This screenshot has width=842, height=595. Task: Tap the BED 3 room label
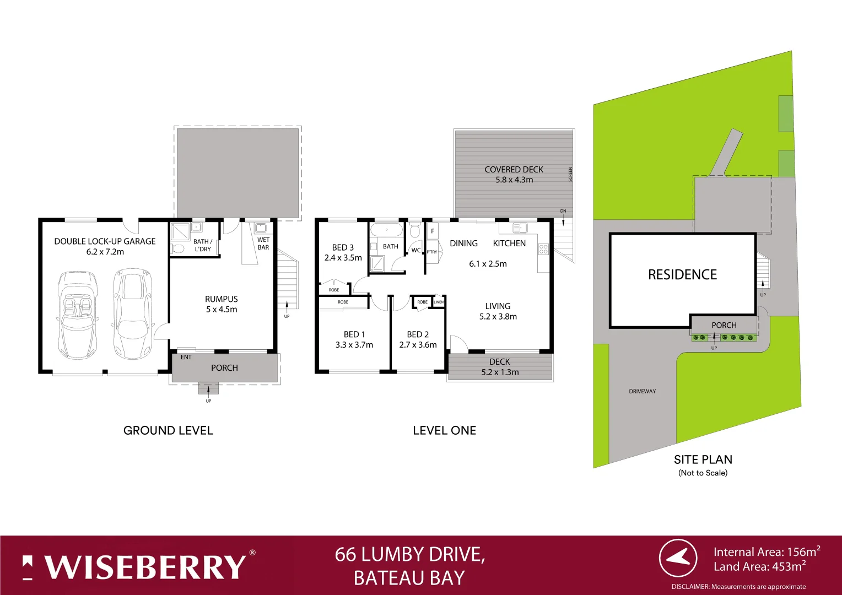pyautogui.click(x=343, y=248)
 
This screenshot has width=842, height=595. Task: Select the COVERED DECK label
pyautogui.click(x=514, y=170)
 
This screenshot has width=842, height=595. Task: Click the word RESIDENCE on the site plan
pyautogui.click(x=682, y=275)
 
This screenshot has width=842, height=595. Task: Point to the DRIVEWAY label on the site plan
pyautogui.click(x=643, y=392)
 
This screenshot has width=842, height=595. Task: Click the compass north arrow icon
pyautogui.click(x=678, y=558)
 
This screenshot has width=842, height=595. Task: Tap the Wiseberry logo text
pyautogui.click(x=144, y=567)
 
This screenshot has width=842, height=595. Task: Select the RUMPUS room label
pyautogui.click(x=222, y=299)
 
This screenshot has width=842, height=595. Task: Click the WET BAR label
pyautogui.click(x=263, y=244)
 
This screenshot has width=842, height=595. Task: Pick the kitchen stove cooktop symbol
pyautogui.click(x=543, y=248)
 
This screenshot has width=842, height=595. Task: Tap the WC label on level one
pyautogui.click(x=416, y=250)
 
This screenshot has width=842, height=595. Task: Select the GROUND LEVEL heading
pyautogui.click(x=168, y=430)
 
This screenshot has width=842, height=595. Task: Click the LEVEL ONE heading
pyautogui.click(x=444, y=430)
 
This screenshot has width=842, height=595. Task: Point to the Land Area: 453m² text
pyautogui.click(x=759, y=567)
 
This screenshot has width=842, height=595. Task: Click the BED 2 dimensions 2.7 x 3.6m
pyautogui.click(x=418, y=345)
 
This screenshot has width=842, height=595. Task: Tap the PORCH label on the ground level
pyautogui.click(x=224, y=368)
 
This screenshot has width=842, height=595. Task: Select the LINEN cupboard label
pyautogui.click(x=439, y=302)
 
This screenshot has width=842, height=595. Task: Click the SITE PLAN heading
pyautogui.click(x=703, y=459)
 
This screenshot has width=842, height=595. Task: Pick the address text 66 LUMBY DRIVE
pyautogui.click(x=409, y=554)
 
